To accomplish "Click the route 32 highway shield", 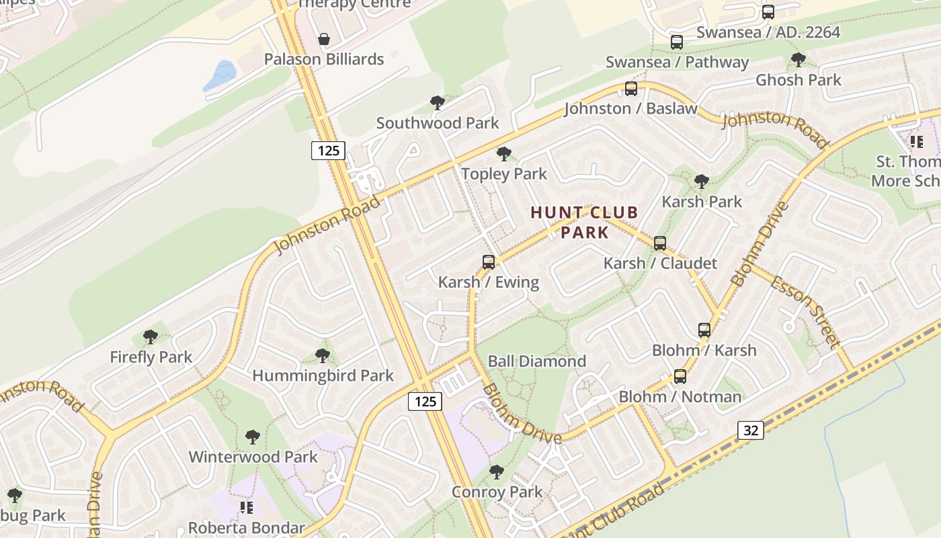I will tap(751, 430).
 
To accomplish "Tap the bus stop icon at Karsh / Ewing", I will tap(489, 262).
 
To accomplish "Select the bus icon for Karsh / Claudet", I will tap(660, 243).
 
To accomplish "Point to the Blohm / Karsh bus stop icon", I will tap(704, 330).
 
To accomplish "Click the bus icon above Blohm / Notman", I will tap(680, 377).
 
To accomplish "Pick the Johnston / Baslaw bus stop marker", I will tap(630, 89).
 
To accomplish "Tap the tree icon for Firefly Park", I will tap(151, 337).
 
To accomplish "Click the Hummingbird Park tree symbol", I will tap(323, 355).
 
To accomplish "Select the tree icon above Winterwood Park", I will tap(253, 437).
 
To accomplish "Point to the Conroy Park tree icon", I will tap(497, 471).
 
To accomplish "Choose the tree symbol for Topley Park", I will tap(503, 154).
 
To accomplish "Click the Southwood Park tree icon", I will tap(438, 103).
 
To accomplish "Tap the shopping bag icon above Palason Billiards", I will tap(324, 39).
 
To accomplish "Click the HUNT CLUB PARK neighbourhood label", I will tap(584, 223).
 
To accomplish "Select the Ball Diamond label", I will tap(536, 361).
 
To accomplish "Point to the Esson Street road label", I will tap(805, 312).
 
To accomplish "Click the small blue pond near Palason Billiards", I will tap(220, 75).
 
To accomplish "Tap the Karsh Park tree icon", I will tap(702, 182).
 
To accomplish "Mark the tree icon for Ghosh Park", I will tap(799, 60).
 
